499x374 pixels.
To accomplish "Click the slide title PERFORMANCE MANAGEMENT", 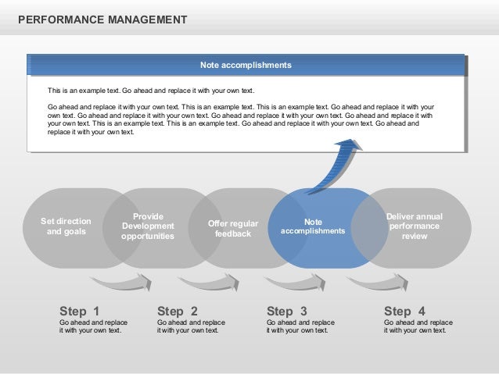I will click(102, 17).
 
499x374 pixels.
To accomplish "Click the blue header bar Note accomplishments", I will click(246, 64).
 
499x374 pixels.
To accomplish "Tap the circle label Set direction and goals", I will click(66, 226).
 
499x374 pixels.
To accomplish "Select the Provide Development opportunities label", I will click(148, 226).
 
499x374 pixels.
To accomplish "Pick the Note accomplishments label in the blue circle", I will click(313, 226).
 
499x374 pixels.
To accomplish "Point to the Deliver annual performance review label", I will click(414, 226).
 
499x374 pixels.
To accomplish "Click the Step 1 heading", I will click(80, 310).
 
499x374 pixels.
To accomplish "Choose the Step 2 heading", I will click(178, 310).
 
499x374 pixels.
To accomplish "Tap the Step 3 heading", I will click(287, 310).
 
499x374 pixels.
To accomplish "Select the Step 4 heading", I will click(404, 310).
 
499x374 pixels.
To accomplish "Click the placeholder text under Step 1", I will click(93, 326).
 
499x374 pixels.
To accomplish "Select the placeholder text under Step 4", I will click(418, 326).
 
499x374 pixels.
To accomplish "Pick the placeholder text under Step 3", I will click(300, 326).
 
